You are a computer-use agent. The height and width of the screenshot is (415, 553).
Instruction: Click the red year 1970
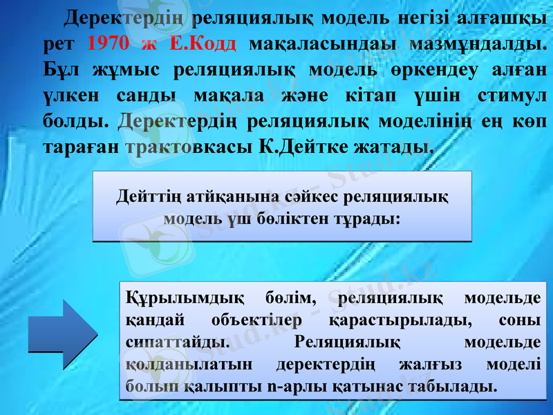click(109, 44)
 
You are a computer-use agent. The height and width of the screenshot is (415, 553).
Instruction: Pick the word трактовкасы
click(188, 147)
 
